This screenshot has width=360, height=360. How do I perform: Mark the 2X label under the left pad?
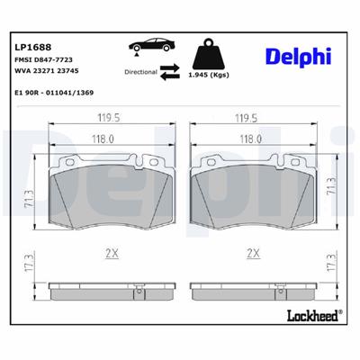tap(112, 254)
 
